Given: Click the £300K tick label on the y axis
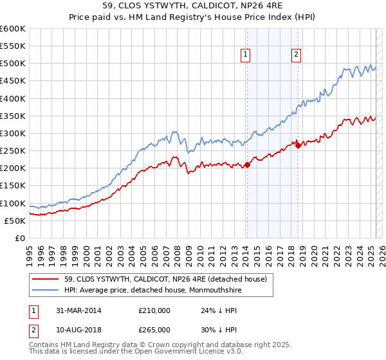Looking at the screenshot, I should [12, 133].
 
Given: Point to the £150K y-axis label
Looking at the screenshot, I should [12, 186].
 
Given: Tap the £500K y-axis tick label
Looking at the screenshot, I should [12, 64].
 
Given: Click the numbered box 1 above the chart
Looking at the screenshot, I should [246, 56].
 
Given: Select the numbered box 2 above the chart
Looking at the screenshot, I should [296, 56].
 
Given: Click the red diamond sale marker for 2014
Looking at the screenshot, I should [247, 165].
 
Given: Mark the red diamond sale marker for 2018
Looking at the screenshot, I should [298, 146].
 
